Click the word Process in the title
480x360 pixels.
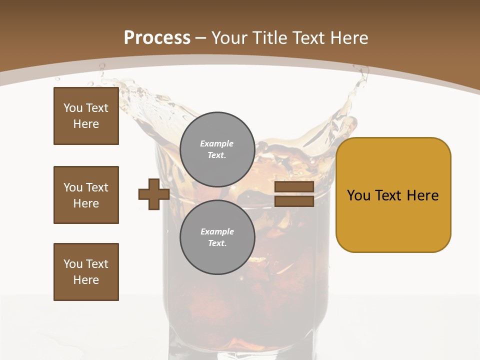pos(157,38)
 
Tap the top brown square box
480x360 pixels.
pos(86,116)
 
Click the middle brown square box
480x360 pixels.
pos(86,195)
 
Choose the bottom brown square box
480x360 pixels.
pos(86,272)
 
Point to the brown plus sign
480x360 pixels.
pos(154,194)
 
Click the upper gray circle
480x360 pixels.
pos(217,149)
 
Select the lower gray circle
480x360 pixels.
pos(217,237)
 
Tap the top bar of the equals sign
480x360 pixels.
pos(294,186)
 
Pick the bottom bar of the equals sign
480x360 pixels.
pos(294,201)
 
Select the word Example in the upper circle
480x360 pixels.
pos(217,143)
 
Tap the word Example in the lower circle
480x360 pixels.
pos(217,231)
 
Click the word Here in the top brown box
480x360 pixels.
pos(86,124)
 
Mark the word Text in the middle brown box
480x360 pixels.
pos(97,187)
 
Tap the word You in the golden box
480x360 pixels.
pos(358,195)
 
